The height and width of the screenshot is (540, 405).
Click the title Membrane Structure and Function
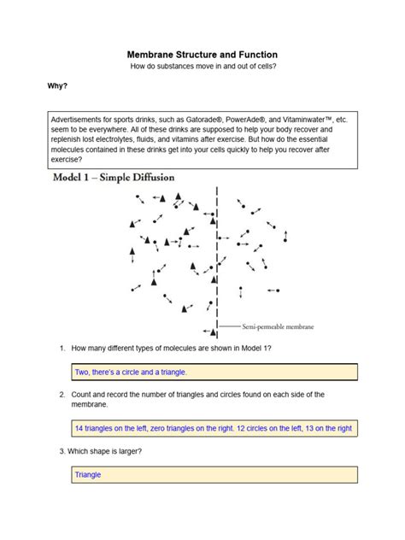pyautogui.click(x=202, y=55)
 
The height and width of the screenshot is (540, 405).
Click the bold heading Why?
pyautogui.click(x=57, y=85)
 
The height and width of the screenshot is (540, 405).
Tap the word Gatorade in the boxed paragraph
pyautogui.click(x=202, y=120)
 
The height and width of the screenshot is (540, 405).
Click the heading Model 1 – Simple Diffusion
pyautogui.click(x=114, y=178)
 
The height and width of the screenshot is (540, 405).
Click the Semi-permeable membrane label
pyautogui.click(x=278, y=326)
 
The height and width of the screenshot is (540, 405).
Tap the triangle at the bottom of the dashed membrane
pyautogui.click(x=213, y=332)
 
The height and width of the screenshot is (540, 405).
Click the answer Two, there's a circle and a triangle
pyautogui.click(x=131, y=373)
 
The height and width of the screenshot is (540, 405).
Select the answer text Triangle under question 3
pyautogui.click(x=88, y=474)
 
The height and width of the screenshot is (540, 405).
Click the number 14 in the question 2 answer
pyautogui.click(x=79, y=428)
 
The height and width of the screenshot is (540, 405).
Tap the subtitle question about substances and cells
pyautogui.click(x=203, y=66)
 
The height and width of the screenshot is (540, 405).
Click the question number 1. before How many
pyautogui.click(x=62, y=348)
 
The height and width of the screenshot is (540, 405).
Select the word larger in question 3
pyautogui.click(x=130, y=451)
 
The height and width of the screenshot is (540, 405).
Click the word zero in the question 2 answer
pyautogui.click(x=157, y=428)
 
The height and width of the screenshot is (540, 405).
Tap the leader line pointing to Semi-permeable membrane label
pyautogui.click(x=230, y=326)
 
